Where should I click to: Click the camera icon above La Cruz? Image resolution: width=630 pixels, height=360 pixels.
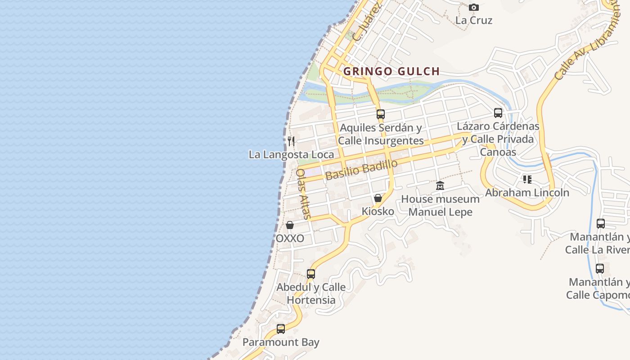[474, 8]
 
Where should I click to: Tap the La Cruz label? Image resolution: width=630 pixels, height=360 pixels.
[474, 20]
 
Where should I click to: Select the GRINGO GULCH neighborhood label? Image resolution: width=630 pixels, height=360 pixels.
[391, 71]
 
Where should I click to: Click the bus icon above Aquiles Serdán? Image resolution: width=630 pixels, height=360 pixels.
[381, 114]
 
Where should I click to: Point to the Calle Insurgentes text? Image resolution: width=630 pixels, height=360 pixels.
[381, 141]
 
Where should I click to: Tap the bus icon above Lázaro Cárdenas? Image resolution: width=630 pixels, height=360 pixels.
[498, 113]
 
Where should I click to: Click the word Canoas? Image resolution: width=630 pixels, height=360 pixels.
[498, 152]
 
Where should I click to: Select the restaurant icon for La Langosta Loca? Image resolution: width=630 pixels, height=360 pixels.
[291, 141]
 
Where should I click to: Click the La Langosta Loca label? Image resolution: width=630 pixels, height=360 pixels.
[291, 155]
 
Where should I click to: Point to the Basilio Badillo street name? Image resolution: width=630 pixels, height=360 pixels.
[361, 170]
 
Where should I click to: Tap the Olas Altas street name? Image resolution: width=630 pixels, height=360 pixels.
[303, 193]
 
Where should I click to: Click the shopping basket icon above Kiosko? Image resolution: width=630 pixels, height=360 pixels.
[378, 198]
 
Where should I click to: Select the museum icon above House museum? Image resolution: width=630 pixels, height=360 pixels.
[440, 185]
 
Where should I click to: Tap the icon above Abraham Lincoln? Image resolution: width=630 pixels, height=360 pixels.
[527, 180]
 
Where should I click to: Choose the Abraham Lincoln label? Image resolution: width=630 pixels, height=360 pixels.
[527, 193]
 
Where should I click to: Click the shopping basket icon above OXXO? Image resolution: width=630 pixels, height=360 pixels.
[290, 225]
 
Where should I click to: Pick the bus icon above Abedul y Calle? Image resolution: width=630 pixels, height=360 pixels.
[311, 274]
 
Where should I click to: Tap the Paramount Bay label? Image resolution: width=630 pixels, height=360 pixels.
[281, 342]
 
